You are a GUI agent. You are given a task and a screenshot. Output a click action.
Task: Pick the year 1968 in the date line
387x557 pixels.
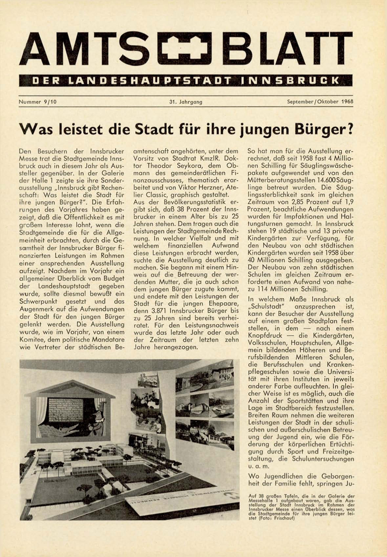click(347, 101)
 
